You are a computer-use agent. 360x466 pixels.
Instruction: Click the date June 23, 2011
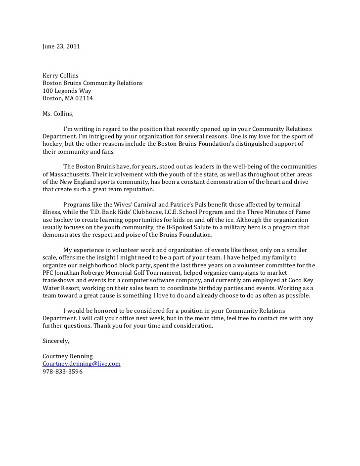pos(61,46)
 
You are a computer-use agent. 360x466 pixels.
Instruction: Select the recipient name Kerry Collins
pos(60,76)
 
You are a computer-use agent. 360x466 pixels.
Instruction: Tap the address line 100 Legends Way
pos(67,91)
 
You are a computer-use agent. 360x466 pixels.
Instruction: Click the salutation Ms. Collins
pos(58,114)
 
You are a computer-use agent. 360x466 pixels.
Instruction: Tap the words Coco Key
pos(303,280)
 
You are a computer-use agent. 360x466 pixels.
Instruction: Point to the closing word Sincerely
pos(56,341)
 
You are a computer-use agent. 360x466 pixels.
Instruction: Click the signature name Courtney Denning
pos(68,356)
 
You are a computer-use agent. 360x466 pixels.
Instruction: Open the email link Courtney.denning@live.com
pos(82,364)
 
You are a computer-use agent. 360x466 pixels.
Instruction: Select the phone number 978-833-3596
pos(62,371)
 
